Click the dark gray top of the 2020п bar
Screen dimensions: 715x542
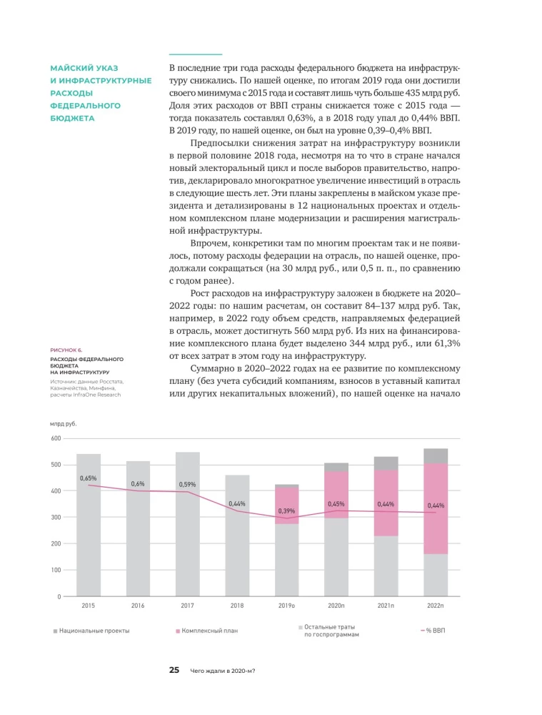click(336, 467)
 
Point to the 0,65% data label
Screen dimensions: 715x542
click(89, 478)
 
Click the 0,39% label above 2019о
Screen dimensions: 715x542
click(286, 511)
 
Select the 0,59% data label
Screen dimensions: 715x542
click(188, 484)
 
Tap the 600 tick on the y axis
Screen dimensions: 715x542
click(55, 438)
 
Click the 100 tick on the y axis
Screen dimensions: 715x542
click(55, 570)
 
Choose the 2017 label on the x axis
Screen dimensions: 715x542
click(188, 606)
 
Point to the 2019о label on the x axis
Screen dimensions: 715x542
click(286, 606)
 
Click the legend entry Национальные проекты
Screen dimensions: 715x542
click(94, 631)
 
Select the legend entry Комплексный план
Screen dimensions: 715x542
click(209, 631)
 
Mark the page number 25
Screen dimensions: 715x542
click(174, 670)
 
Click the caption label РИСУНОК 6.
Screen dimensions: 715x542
click(66, 350)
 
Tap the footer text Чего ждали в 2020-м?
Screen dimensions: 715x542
click(223, 671)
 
